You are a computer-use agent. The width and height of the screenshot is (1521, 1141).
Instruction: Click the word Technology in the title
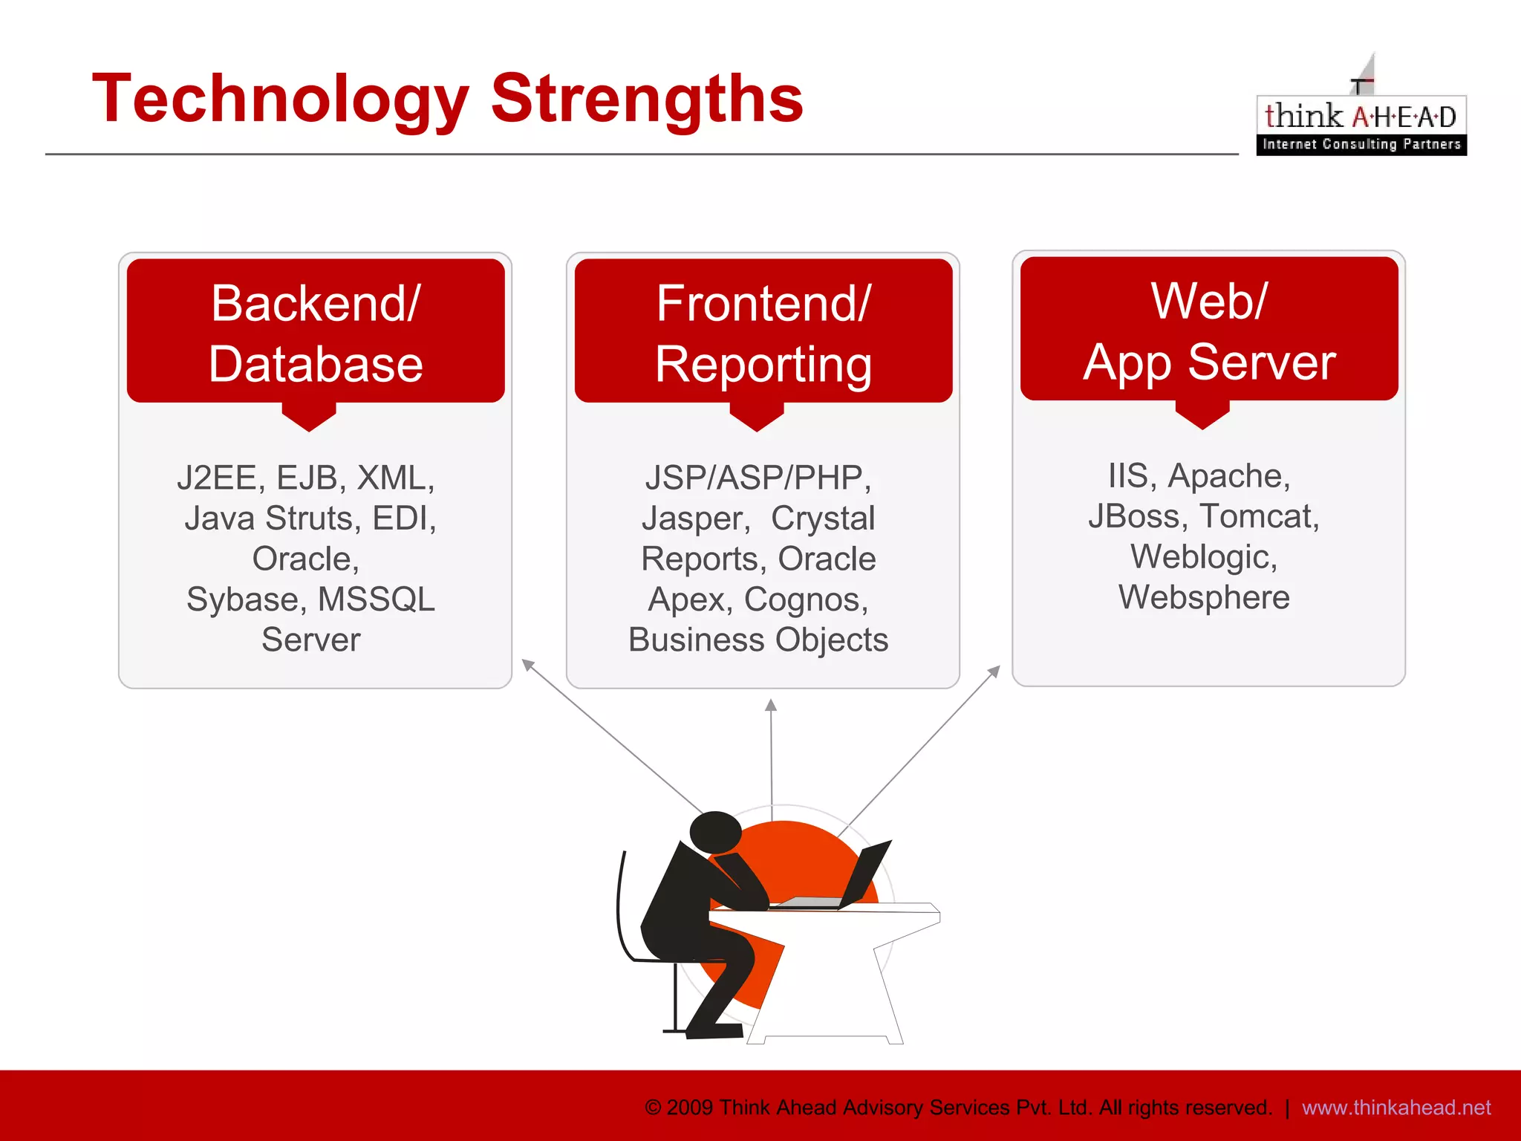coord(280,99)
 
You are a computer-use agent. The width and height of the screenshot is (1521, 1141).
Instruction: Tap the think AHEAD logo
coord(1361,119)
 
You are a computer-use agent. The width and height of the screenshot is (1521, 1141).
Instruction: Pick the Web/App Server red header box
coord(1209,330)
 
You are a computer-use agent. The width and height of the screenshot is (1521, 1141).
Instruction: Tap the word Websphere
coord(1204,596)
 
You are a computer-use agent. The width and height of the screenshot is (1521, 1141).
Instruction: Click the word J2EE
coord(216,477)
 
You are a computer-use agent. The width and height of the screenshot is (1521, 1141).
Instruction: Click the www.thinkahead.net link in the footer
coord(1395,1108)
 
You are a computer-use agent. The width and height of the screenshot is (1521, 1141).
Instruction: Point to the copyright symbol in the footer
coord(653,1108)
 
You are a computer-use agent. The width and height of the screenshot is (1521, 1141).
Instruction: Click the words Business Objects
coord(758,640)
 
